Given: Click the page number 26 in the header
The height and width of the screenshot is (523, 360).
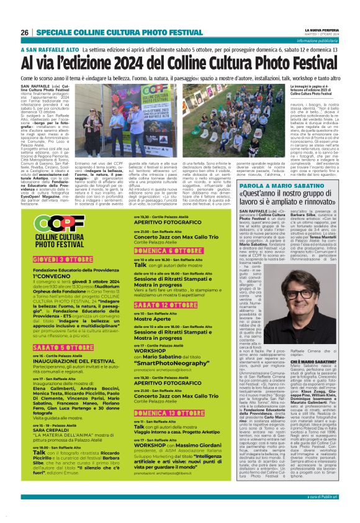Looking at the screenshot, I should pyautogui.click(x=24, y=32).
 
